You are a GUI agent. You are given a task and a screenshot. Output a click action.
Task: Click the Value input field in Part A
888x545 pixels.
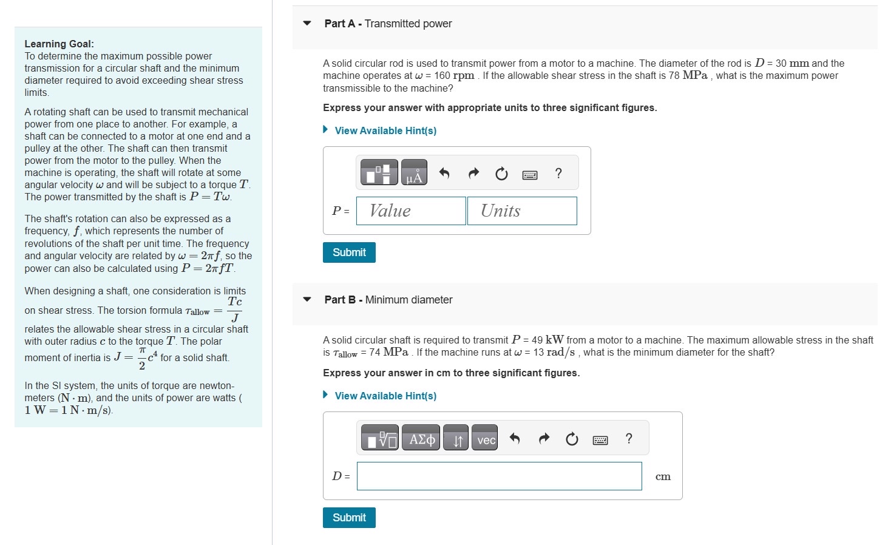pyautogui.click(x=411, y=211)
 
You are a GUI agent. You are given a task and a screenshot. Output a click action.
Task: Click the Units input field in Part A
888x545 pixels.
pyautogui.click(x=522, y=211)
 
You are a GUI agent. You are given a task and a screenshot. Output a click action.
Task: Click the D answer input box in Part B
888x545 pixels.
pyautogui.click(x=499, y=476)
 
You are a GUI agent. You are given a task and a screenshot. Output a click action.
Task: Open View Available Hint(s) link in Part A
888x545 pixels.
pyautogui.click(x=385, y=130)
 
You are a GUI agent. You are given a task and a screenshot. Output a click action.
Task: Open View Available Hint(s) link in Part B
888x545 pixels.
pyautogui.click(x=385, y=396)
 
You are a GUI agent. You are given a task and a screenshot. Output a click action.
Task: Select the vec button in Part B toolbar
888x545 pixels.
pyautogui.click(x=486, y=438)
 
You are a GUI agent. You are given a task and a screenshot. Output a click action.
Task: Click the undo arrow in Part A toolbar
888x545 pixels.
pyautogui.click(x=444, y=174)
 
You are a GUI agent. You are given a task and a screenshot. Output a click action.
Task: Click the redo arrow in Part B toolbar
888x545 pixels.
pyautogui.click(x=544, y=438)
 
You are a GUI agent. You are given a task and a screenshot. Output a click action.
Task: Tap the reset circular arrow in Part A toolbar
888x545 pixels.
pyautogui.click(x=501, y=174)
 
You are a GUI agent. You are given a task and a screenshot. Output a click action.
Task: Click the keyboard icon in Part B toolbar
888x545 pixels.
pyautogui.click(x=600, y=440)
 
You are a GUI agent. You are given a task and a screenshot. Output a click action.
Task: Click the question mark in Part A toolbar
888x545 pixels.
pyautogui.click(x=558, y=174)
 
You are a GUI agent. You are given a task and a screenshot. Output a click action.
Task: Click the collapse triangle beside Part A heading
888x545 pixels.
pyautogui.click(x=307, y=24)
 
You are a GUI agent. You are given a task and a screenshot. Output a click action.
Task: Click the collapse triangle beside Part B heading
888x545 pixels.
pyautogui.click(x=307, y=299)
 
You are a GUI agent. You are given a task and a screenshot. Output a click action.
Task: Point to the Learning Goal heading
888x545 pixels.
pyautogui.click(x=59, y=44)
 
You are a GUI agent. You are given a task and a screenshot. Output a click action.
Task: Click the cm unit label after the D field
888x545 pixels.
pyautogui.click(x=663, y=476)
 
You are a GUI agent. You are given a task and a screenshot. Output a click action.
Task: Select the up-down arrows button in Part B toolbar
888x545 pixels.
pyautogui.click(x=456, y=438)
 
